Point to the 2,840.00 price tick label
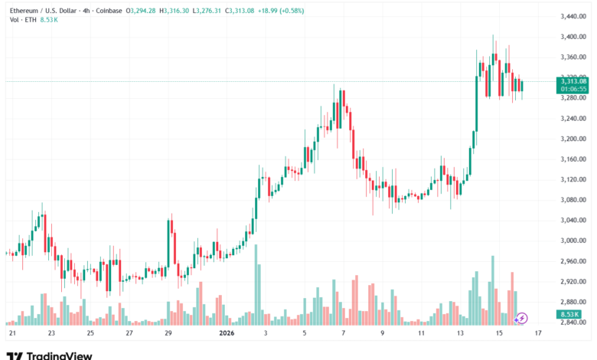pyautogui.click(x=573, y=322)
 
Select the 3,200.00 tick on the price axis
pyautogui.click(x=573, y=139)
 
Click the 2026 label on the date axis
pyautogui.click(x=227, y=334)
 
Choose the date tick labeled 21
pyautogui.click(x=12, y=334)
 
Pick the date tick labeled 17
pyautogui.click(x=539, y=334)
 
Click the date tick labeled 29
pyautogui.click(x=168, y=334)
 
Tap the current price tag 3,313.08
pyautogui.click(x=573, y=80)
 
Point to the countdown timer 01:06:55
pyautogui.click(x=573, y=88)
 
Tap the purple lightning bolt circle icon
pyautogui.click(x=523, y=317)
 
